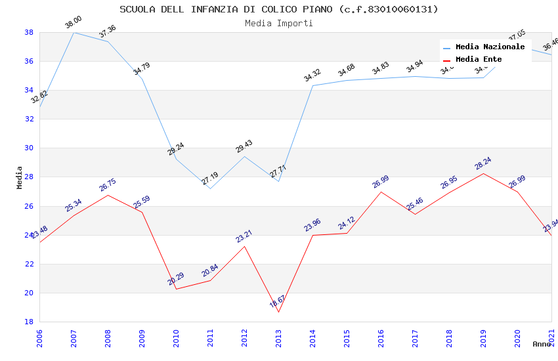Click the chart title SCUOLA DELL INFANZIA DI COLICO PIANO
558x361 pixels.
tap(278, 9)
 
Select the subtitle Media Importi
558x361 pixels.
tap(278, 23)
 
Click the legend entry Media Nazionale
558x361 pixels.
tap(490, 47)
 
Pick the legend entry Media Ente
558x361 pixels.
tap(479, 60)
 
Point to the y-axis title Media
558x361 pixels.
tap(20, 177)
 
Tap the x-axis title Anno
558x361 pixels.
tap(542, 344)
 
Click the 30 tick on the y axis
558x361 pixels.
tap(30, 148)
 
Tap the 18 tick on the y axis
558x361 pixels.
tap(30, 322)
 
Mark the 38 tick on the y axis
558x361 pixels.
tap(30, 32)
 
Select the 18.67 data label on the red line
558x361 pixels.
tap(277, 302)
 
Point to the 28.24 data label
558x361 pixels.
tap(483, 163)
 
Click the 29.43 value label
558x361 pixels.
tap(244, 146)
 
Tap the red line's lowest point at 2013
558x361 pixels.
tap(278, 312)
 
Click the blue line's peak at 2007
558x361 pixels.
tap(74, 32)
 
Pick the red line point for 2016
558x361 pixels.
tap(381, 192)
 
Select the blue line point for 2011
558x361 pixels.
tap(210, 188)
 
